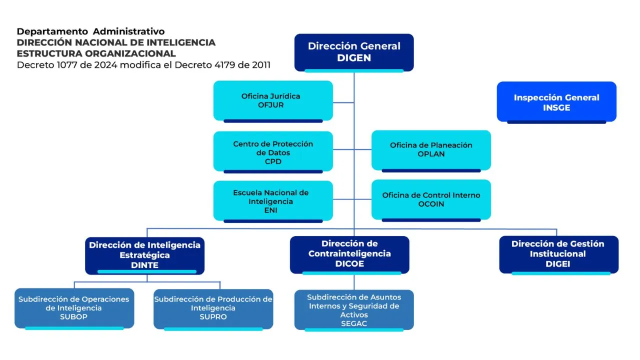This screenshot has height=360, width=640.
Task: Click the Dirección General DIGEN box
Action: (354, 51)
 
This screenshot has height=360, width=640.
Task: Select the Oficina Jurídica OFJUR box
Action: (273, 100)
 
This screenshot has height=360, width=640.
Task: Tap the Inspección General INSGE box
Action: (556, 102)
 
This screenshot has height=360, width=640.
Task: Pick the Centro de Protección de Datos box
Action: (273, 152)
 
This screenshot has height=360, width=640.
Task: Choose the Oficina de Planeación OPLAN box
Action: (431, 149)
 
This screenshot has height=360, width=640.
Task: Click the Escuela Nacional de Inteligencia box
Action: (273, 200)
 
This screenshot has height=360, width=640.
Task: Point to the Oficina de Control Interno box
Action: (431, 199)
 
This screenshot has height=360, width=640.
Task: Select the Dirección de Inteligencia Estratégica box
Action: (144, 254)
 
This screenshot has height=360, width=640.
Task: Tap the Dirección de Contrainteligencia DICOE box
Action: (349, 253)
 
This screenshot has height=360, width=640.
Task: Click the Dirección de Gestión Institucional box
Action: (558, 253)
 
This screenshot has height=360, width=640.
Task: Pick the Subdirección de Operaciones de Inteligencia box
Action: (74, 307)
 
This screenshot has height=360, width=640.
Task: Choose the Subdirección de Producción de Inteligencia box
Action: (213, 307)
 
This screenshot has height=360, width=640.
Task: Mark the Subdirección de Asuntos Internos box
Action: (354, 309)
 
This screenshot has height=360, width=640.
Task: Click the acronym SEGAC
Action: (354, 323)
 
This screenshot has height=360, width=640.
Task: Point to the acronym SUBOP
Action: (74, 317)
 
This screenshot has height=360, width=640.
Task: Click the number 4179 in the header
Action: (222, 65)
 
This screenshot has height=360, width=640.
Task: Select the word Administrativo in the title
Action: (128, 32)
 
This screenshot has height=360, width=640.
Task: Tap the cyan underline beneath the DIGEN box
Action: (354, 70)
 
